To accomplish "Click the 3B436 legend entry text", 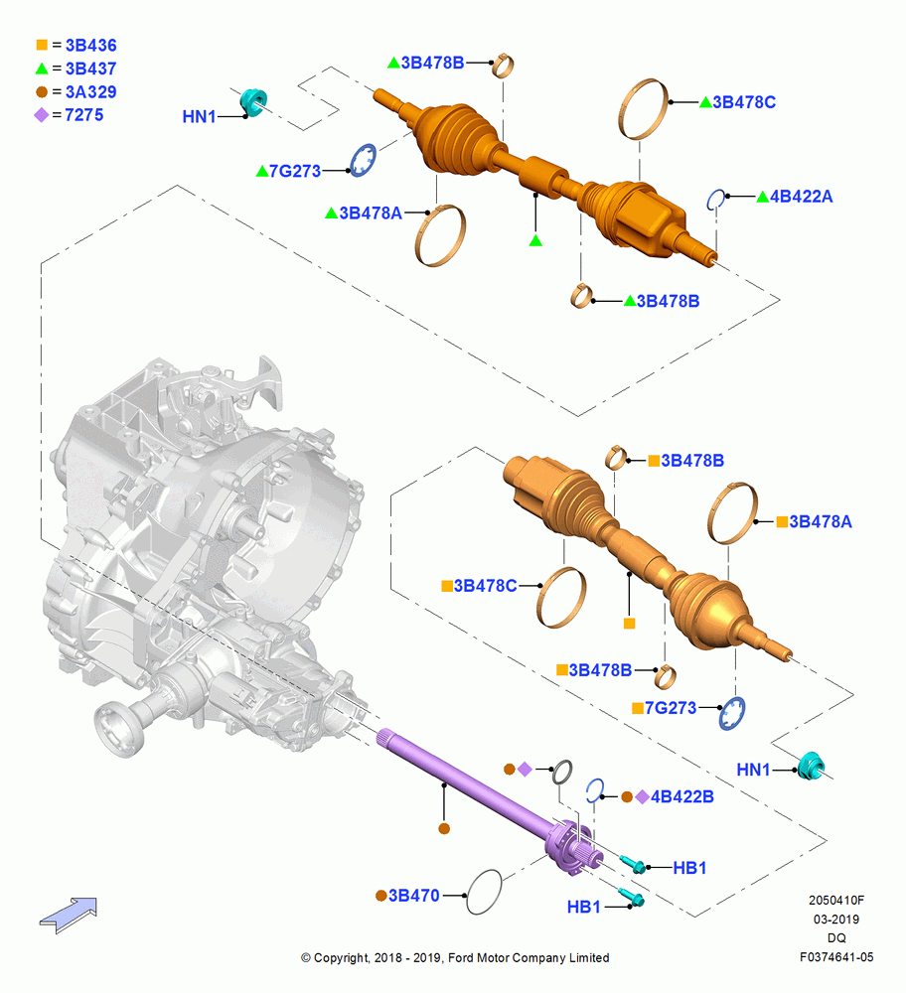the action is (x=90, y=45).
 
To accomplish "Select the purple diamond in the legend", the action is (x=41, y=115).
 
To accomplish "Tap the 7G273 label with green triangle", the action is (x=295, y=171).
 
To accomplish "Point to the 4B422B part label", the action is (x=682, y=796).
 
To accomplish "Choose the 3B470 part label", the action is (x=413, y=896).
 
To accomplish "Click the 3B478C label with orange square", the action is (x=486, y=586).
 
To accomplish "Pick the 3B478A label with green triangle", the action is (x=371, y=213).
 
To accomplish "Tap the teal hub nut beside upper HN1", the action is (x=253, y=102).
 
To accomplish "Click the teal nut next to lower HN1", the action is (x=811, y=767).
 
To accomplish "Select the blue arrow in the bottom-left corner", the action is (x=69, y=916).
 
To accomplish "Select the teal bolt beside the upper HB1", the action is (x=632, y=864).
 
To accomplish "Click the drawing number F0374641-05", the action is (x=836, y=957).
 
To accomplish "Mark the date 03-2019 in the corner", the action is (x=836, y=919).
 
